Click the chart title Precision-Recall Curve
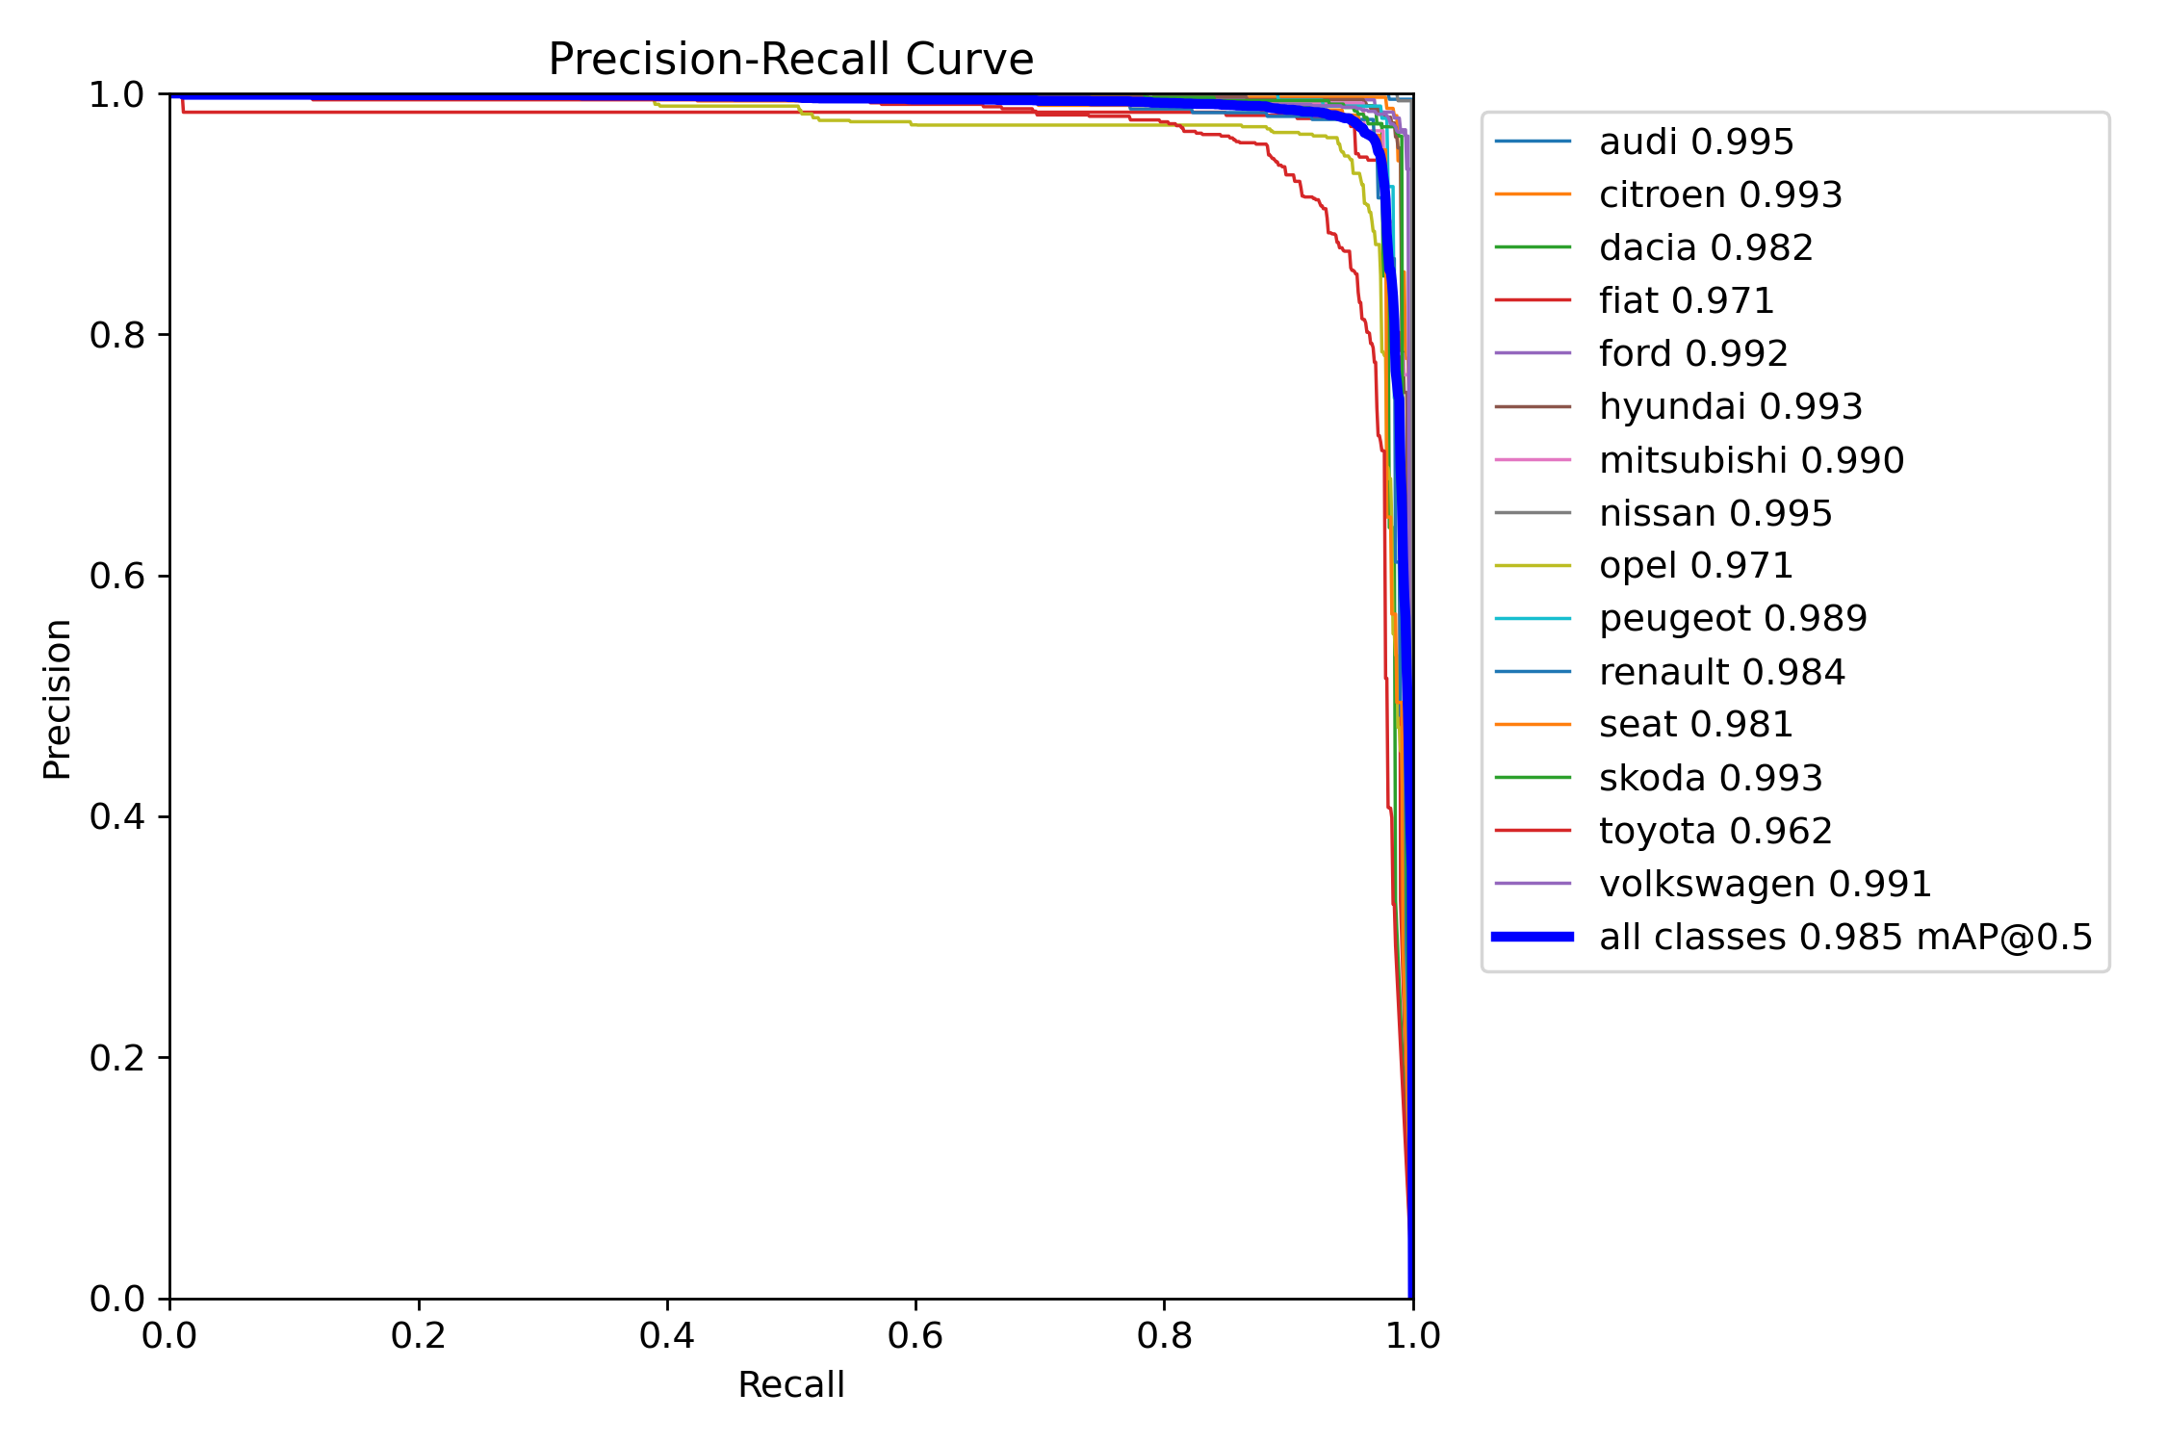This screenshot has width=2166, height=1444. click(x=790, y=60)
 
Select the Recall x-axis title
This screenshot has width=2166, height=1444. click(x=790, y=1384)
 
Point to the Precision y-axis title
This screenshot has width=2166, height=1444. click(x=58, y=699)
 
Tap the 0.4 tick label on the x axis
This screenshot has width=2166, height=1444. click(x=666, y=1335)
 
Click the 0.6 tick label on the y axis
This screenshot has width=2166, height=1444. click(x=116, y=576)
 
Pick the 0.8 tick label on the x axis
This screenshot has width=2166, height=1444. click(x=1164, y=1335)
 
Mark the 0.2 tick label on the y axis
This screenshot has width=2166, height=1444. click(x=116, y=1058)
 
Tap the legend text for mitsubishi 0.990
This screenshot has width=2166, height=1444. click(x=1751, y=460)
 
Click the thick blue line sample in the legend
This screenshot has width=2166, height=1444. click(x=1533, y=937)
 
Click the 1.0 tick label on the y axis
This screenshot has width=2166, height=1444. click(x=116, y=94)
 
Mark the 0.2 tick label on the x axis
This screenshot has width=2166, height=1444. click(x=418, y=1335)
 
